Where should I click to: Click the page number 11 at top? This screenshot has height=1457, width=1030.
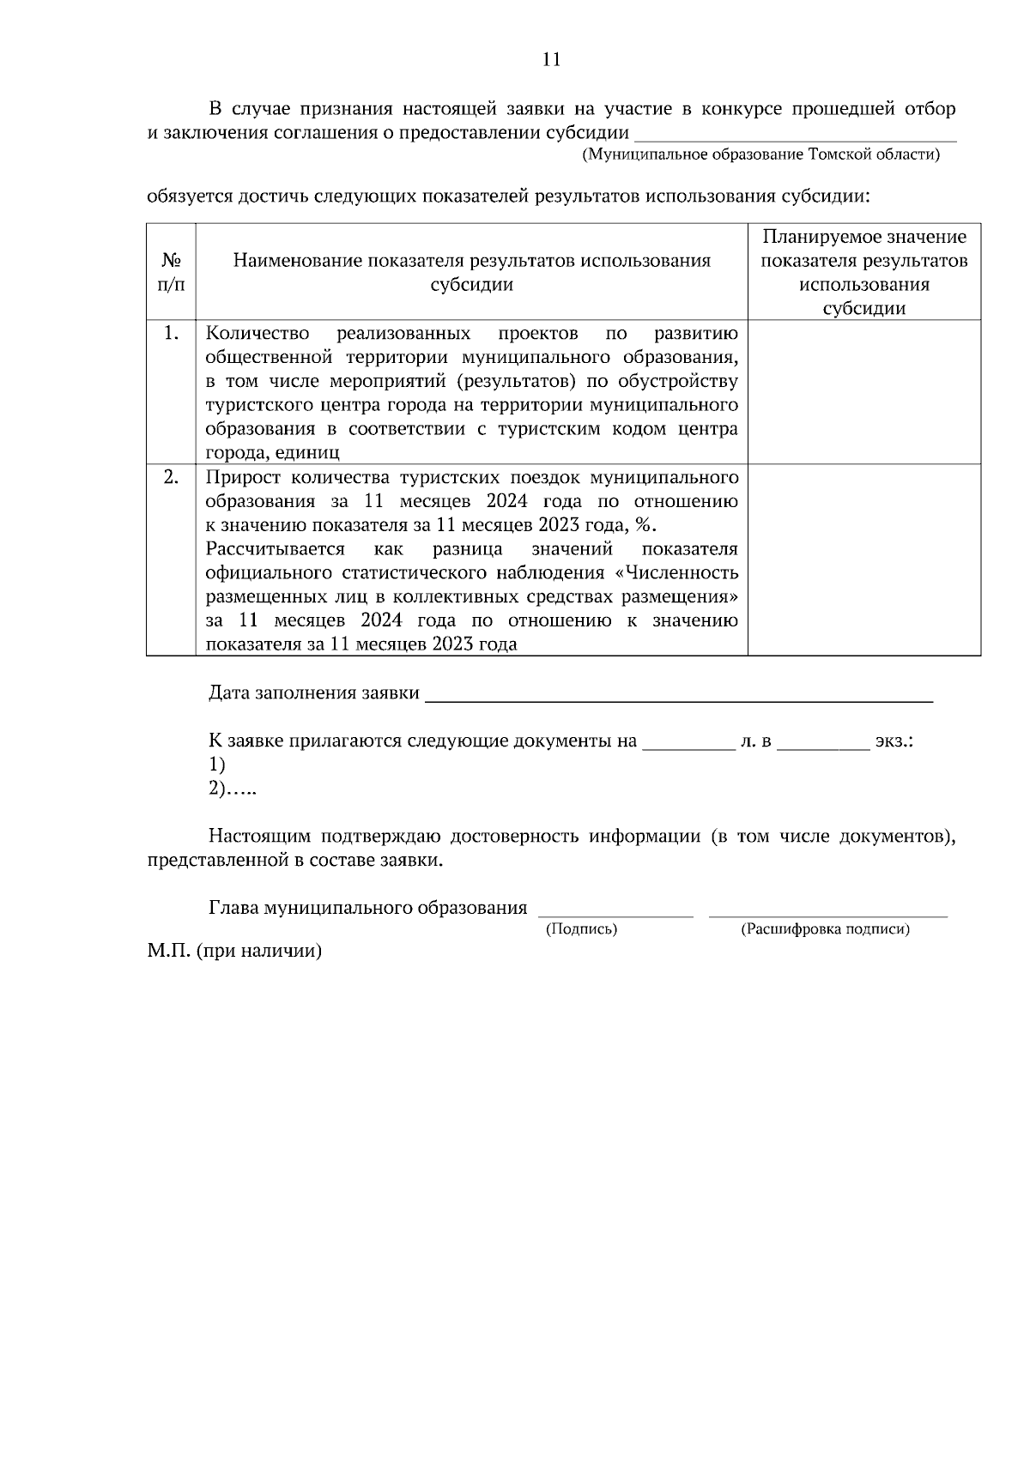coord(551,59)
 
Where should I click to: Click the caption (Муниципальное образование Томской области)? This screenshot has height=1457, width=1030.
coord(760,155)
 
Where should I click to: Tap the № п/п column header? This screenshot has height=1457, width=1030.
coord(171,272)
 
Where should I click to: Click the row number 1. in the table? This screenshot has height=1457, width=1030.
coord(171,333)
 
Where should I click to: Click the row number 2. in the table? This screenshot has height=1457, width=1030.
coord(171,477)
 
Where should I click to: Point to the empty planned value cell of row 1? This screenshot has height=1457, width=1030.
coord(863,392)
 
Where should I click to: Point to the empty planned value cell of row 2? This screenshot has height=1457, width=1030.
coord(863,559)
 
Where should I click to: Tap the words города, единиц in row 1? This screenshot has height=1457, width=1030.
coord(272,453)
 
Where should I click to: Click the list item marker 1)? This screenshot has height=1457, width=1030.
coord(216,765)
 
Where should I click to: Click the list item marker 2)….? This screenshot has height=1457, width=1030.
coord(232,789)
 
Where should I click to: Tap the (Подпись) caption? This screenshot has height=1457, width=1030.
coord(581,929)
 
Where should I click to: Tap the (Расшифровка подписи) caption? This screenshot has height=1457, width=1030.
coord(825,929)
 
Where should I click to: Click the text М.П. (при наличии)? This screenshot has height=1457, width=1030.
coord(233,952)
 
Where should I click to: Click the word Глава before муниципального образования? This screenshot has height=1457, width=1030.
coord(233,908)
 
